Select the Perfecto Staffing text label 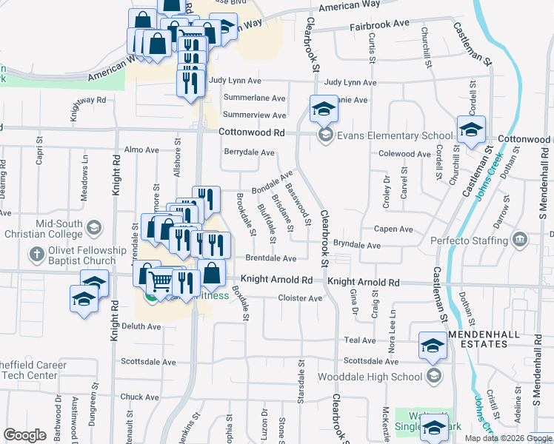tap(471, 240)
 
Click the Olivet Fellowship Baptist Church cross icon tap(35, 255)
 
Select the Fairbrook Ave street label tap(380, 24)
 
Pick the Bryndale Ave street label tap(356, 245)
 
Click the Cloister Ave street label tap(300, 298)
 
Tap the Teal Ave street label tap(360, 340)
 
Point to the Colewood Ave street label tap(404, 154)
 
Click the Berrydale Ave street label tap(250, 152)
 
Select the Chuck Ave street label tap(140, 397)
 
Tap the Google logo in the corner tap(25, 434)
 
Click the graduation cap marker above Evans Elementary tap(323, 108)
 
